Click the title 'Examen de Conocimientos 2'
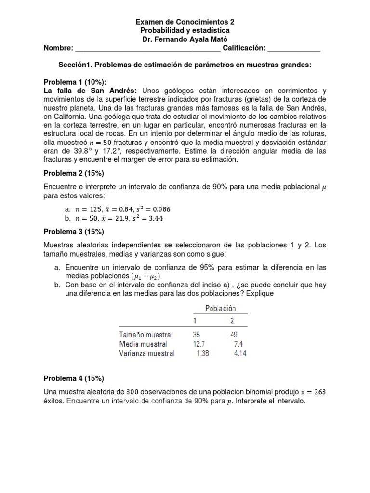pyautogui.click(x=185, y=22)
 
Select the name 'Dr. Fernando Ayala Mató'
pyautogui.click(x=185, y=39)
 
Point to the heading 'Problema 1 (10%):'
pyautogui.click(x=75, y=82)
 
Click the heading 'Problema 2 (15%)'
pyautogui.click(x=74, y=173)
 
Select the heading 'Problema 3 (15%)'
pyautogui.click(x=74, y=232)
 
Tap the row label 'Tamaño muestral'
pyautogui.click(x=146, y=334)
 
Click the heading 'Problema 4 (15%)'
pyautogui.click(x=74, y=378)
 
